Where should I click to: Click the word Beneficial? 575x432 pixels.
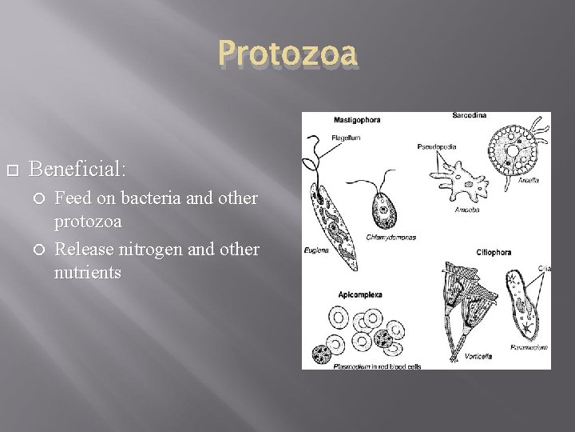pos(77,169)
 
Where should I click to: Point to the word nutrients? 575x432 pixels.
pos(88,273)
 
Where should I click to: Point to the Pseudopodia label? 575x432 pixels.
pos(436,146)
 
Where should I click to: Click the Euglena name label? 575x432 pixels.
pos(315,250)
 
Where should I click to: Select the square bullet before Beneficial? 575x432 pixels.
pos(10,170)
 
